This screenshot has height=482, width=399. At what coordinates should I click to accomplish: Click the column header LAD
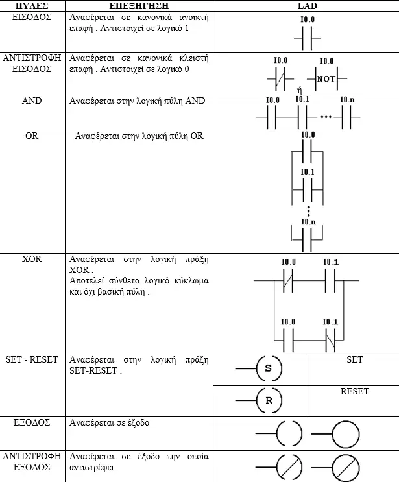(307, 6)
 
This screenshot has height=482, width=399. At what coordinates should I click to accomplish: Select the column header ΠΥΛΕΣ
(32, 6)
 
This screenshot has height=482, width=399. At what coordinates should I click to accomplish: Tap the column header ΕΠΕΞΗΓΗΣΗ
(139, 6)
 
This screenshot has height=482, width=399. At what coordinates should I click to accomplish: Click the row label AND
(32, 101)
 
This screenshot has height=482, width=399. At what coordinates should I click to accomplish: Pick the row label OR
(32, 136)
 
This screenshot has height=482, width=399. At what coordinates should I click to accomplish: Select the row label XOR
(32, 259)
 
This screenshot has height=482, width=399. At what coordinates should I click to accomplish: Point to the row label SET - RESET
(32, 359)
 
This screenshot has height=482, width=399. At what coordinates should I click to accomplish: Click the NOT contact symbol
(326, 78)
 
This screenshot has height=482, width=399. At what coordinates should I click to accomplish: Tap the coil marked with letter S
(269, 368)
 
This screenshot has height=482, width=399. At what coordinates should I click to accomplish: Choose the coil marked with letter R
(269, 400)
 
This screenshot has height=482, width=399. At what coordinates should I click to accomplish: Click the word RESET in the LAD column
(354, 391)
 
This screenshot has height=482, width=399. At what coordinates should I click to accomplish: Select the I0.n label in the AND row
(347, 100)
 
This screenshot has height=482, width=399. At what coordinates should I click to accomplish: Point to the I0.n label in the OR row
(308, 222)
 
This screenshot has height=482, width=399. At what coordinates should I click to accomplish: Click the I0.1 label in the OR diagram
(308, 171)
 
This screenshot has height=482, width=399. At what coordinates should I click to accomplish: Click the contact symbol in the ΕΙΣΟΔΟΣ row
(307, 38)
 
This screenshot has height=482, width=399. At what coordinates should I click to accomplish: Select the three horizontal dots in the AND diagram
(326, 117)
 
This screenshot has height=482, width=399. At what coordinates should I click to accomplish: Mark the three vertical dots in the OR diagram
(308, 211)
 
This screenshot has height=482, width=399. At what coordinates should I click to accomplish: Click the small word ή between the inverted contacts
(299, 90)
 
